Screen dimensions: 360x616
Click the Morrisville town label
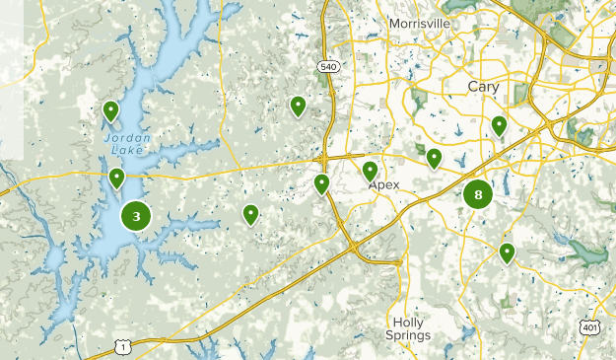click(419, 23)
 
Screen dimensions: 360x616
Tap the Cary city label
click(483, 87)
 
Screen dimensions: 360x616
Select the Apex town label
click(385, 184)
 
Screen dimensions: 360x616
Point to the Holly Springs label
click(411, 328)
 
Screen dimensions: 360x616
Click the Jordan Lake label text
click(128, 144)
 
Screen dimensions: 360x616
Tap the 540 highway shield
click(328, 66)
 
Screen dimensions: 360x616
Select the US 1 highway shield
click(121, 345)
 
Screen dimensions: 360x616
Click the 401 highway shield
click(590, 326)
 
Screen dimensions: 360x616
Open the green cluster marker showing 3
click(136, 216)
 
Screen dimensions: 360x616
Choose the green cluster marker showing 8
click(478, 194)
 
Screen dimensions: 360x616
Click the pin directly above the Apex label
click(371, 171)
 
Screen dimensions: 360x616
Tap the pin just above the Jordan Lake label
click(111, 110)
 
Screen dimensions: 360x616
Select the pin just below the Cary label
click(499, 125)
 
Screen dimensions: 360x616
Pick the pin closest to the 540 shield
click(298, 105)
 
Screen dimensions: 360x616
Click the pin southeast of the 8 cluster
click(507, 252)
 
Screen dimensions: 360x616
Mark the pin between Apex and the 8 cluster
click(434, 157)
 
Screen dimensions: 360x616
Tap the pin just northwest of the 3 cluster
click(116, 178)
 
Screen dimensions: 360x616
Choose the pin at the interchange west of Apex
click(321, 182)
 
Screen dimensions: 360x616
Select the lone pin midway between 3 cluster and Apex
click(251, 213)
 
